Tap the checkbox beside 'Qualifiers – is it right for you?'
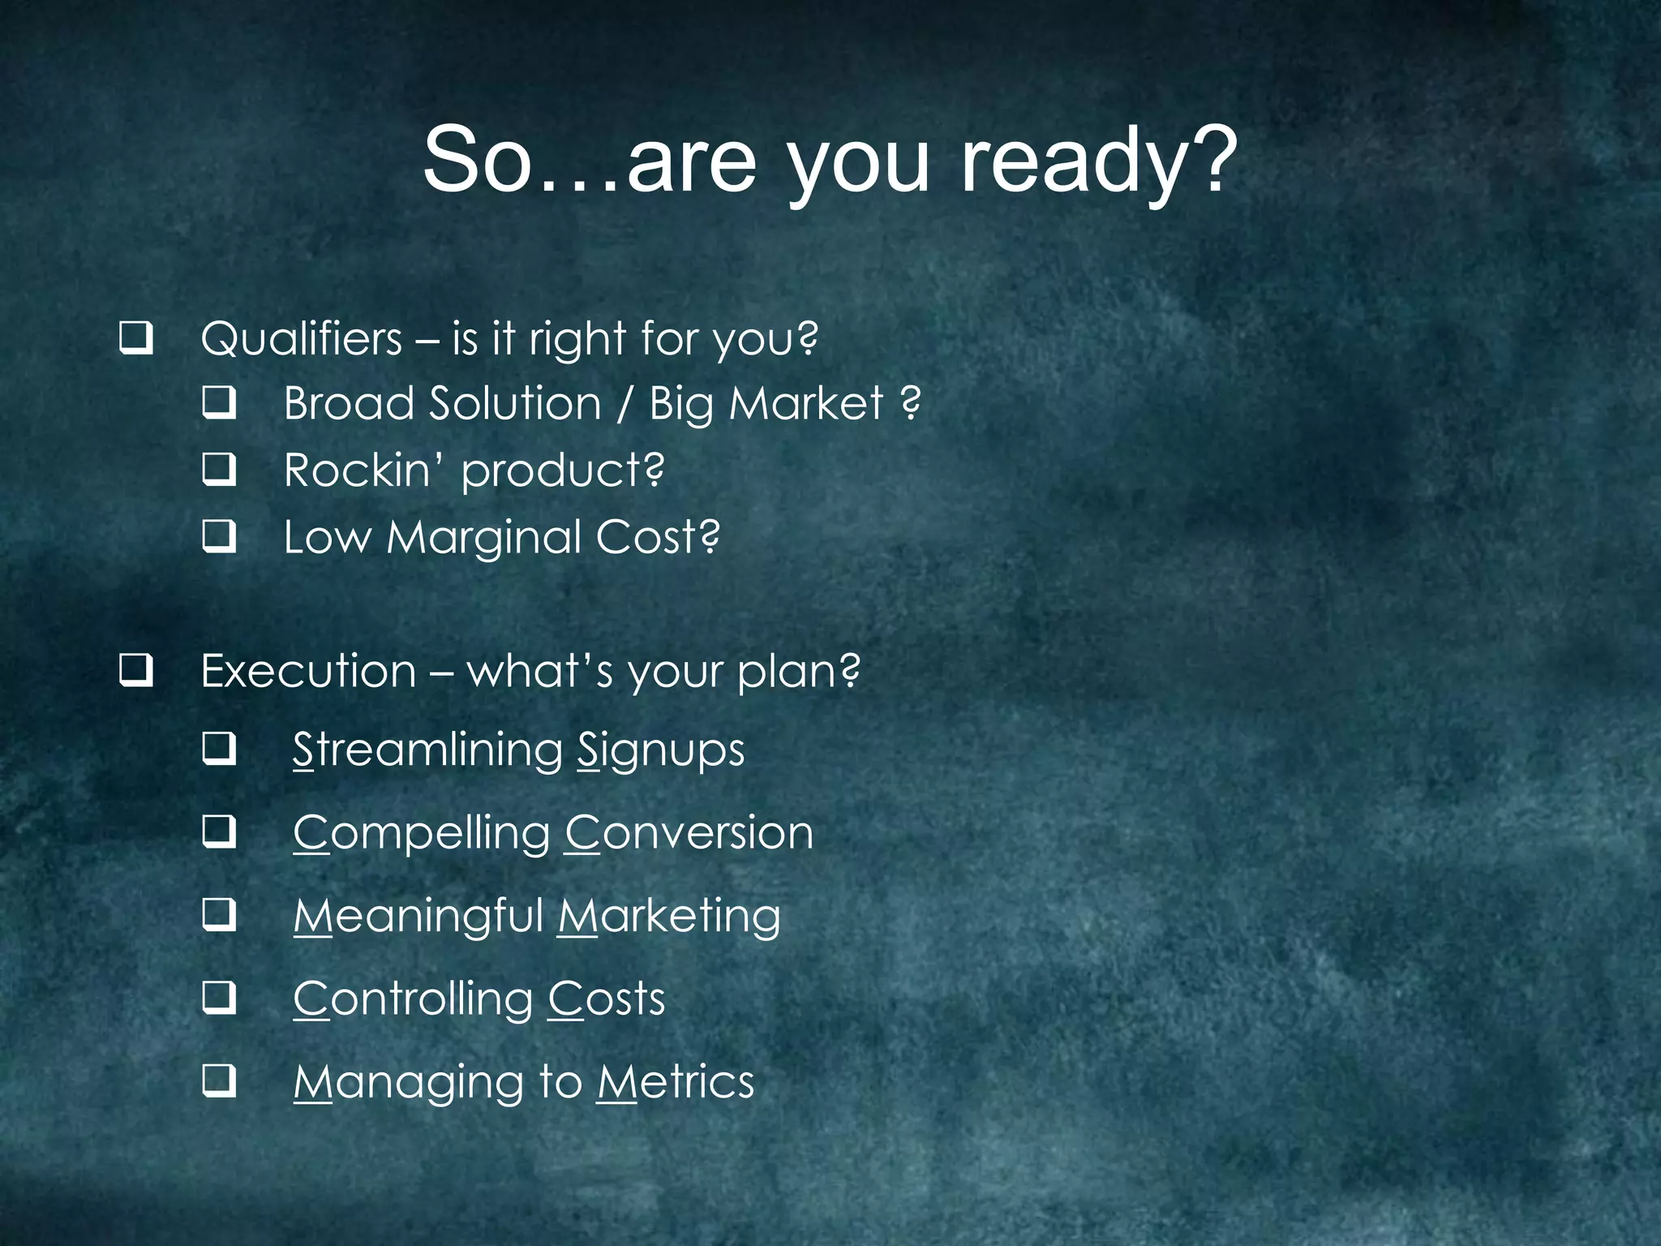point(135,337)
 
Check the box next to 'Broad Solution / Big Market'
point(219,402)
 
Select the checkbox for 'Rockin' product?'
point(219,469)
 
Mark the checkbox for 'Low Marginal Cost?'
point(219,535)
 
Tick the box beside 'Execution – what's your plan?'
point(135,670)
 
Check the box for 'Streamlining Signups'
point(219,748)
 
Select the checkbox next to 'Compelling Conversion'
point(219,831)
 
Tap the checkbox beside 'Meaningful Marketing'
point(219,914)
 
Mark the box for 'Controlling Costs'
point(219,998)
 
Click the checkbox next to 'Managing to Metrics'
point(219,1081)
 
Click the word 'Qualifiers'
point(302,338)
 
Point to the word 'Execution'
point(308,672)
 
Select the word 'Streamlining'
point(427,750)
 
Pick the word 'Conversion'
point(689,833)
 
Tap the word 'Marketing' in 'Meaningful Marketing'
point(670,917)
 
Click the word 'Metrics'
point(676,1082)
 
